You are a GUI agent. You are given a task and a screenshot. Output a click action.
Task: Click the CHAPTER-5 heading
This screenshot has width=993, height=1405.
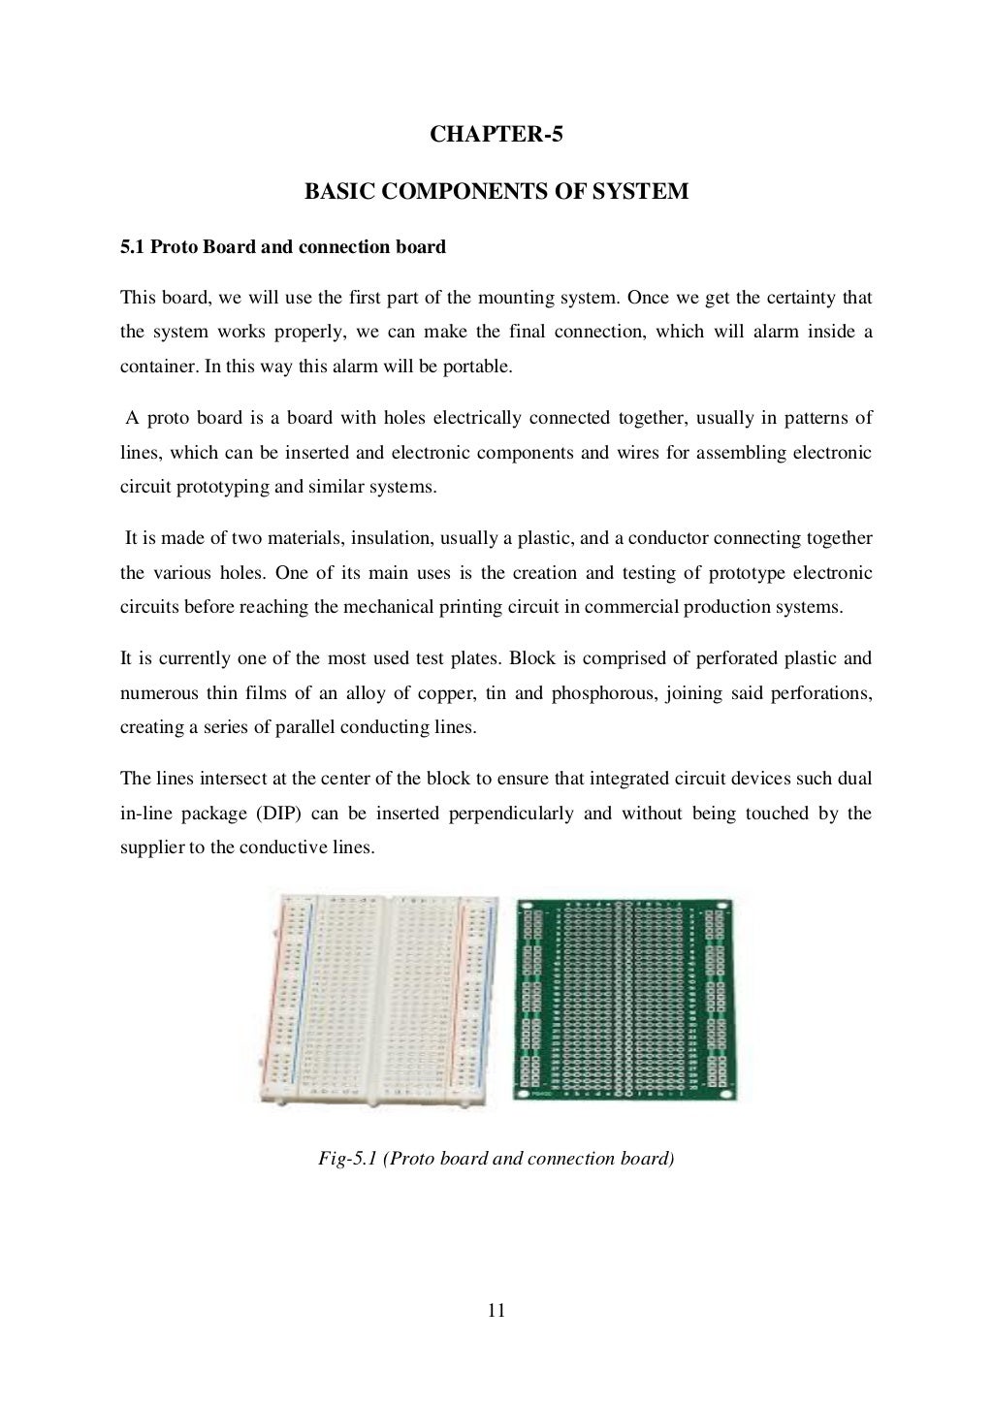[496, 135]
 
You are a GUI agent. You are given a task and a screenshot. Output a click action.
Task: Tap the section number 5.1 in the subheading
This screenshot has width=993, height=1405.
[132, 247]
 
